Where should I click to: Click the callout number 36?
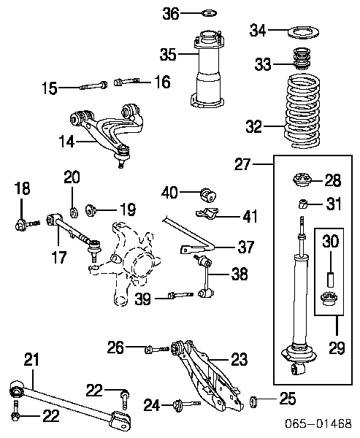171,13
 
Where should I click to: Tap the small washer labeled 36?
210,13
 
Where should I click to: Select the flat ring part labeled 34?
304,32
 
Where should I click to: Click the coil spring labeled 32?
303,111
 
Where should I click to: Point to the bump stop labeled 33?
302,58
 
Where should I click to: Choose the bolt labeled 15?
93,85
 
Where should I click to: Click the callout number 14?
66,142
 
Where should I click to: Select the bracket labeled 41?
207,214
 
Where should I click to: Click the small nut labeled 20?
74,213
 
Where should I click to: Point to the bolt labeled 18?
27,224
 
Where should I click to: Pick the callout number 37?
246,247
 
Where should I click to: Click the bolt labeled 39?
180,295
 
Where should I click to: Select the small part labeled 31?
302,204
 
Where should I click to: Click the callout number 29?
337,347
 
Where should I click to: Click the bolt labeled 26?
157,349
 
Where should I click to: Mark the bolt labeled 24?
187,404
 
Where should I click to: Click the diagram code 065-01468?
318,423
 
